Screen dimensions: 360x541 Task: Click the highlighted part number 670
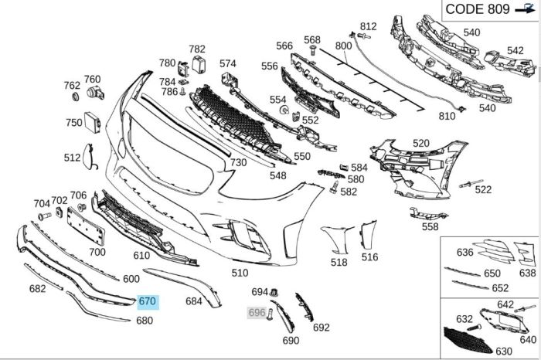(147, 301)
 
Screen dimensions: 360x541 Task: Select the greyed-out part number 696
(257, 313)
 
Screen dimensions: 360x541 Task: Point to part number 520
(420, 144)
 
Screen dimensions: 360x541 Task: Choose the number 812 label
(368, 26)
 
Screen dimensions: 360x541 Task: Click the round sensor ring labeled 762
(76, 97)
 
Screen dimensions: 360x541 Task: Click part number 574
(227, 63)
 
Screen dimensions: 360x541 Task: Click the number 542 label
(515, 51)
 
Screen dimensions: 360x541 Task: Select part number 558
(430, 226)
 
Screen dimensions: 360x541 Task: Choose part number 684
(193, 301)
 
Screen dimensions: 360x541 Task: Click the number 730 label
(238, 162)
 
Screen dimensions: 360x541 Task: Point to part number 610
(141, 256)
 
